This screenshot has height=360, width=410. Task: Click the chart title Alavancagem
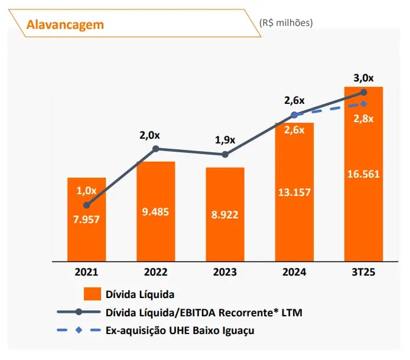(66, 24)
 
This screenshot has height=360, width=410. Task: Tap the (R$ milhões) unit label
(286, 22)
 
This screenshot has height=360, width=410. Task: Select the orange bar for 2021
(86, 218)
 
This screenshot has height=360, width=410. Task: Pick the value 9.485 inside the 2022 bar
(155, 211)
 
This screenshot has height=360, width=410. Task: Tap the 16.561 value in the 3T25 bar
(363, 174)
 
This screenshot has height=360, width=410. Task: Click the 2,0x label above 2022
(150, 135)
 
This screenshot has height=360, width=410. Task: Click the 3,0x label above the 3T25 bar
(363, 78)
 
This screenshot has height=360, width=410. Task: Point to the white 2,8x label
(363, 119)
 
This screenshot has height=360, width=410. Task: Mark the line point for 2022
(156, 149)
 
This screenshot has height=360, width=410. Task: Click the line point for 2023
(224, 155)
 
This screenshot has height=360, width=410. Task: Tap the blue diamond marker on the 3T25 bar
(363, 104)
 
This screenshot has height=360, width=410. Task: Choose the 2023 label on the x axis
(224, 272)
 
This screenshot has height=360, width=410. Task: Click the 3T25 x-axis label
(363, 272)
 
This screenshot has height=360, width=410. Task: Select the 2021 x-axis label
(86, 272)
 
